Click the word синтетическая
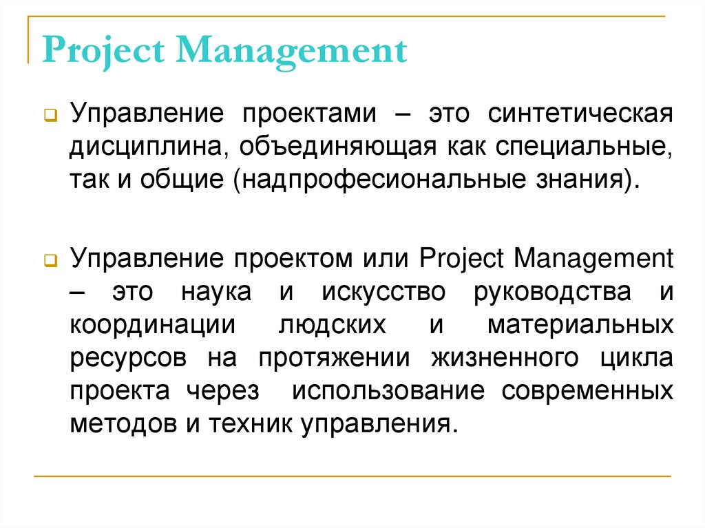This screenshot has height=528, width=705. click(580, 113)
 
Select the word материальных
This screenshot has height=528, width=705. click(580, 325)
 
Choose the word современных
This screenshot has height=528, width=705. click(587, 390)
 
